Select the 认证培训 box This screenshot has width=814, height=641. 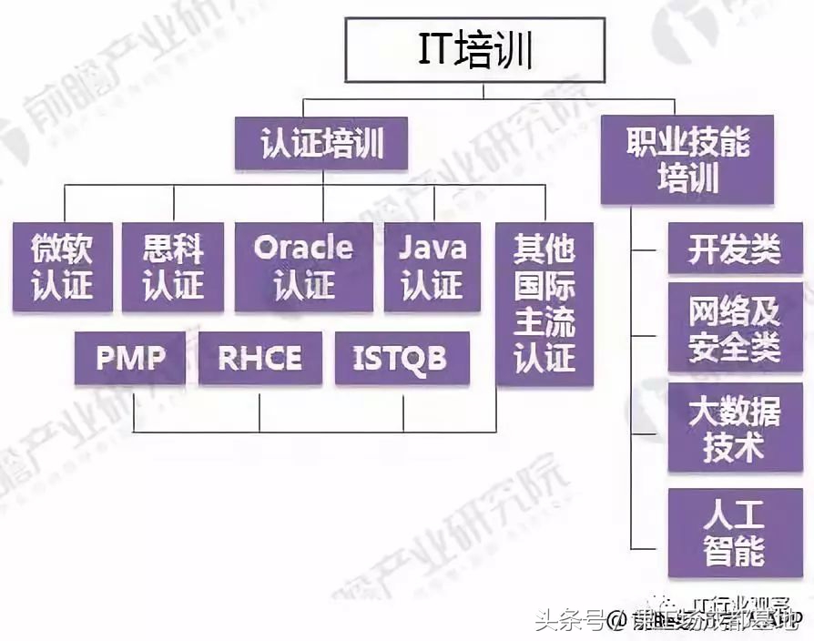coord(321,145)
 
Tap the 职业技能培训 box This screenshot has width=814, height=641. coord(687,159)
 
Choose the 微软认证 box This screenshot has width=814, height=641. coord(63,267)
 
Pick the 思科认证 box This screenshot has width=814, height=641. coord(173,267)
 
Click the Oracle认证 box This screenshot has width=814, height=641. coord(303,267)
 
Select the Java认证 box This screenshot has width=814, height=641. coord(432,267)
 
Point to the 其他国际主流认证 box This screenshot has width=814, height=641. coord(544,303)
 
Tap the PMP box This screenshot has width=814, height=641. coord(131,358)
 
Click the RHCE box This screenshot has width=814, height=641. coord(259,358)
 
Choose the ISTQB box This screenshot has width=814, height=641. coord(402,358)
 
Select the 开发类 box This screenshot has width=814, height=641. coord(735,249)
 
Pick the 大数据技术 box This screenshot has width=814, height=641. coord(735,428)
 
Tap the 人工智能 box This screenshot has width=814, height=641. coord(735,534)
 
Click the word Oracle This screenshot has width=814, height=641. coord(303,248)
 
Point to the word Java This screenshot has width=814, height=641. coord(432,248)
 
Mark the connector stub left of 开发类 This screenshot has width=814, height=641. coord(649,249)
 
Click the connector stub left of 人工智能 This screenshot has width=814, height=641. coord(649,544)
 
